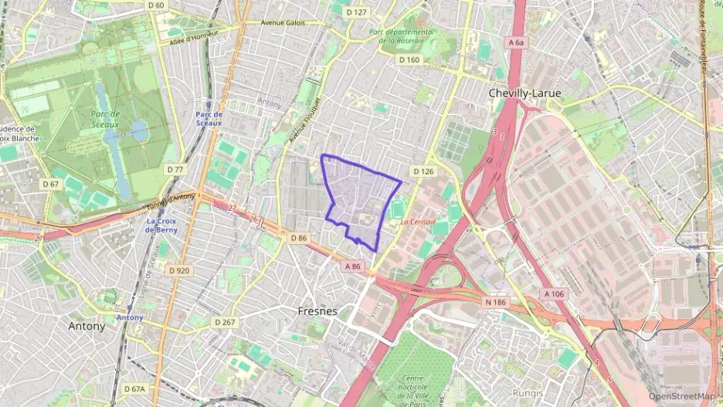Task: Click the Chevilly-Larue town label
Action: click(524, 93)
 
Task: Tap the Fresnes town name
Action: click(317, 311)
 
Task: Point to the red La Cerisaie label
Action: click(418, 222)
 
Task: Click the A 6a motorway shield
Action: click(517, 43)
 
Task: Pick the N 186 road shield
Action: click(495, 301)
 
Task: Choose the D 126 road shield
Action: click(423, 171)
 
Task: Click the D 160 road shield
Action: click(409, 59)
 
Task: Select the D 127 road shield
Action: click(356, 12)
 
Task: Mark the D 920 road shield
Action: click(178, 270)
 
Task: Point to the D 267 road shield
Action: click(225, 321)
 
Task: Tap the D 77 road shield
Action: click(175, 169)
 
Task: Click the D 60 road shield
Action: click(155, 5)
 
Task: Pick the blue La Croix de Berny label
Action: click(162, 226)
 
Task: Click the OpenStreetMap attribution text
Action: click(681, 396)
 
